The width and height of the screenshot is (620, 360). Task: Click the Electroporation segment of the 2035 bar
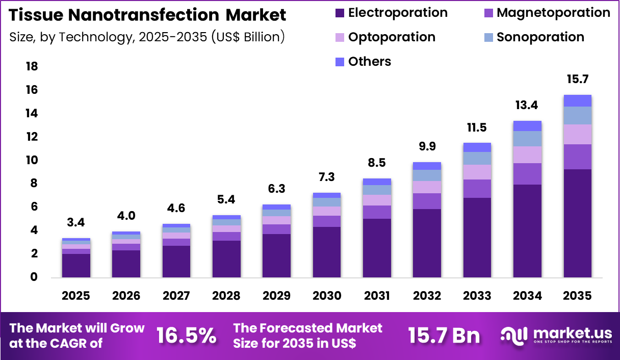(x=577, y=223)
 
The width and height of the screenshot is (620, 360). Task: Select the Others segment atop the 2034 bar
(x=527, y=126)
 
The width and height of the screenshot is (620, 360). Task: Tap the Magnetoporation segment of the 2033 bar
(x=477, y=189)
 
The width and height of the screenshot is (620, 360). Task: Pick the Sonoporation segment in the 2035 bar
(x=577, y=115)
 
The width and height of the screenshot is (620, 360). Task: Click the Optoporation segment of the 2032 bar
(x=427, y=187)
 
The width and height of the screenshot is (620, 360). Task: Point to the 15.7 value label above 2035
(x=577, y=80)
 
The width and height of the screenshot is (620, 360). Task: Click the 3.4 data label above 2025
(x=76, y=223)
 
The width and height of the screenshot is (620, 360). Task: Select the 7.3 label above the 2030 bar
(x=326, y=177)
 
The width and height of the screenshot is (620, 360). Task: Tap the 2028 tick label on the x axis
(x=226, y=296)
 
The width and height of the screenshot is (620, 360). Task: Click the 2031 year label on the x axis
(x=377, y=296)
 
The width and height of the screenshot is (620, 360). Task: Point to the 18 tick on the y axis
(x=32, y=67)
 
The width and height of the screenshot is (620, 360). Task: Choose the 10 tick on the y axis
(x=32, y=161)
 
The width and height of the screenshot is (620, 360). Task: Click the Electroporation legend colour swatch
(x=340, y=13)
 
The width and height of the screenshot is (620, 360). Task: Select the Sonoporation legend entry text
(x=540, y=37)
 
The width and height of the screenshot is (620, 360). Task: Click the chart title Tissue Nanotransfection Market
(x=148, y=15)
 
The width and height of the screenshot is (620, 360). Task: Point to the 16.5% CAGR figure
(x=186, y=336)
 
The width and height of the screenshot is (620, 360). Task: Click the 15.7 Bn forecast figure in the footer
(x=444, y=336)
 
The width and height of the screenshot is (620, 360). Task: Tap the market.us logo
(x=556, y=336)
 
